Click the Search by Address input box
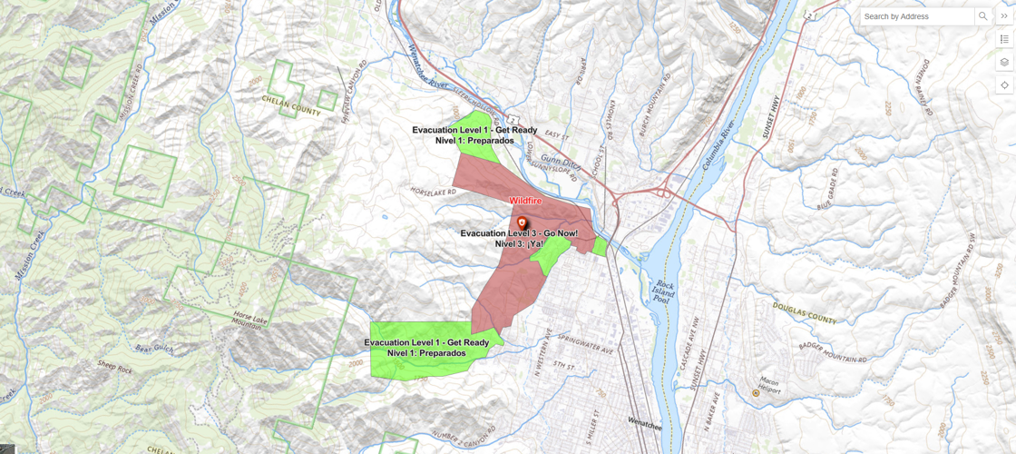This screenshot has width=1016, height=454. point(917,16)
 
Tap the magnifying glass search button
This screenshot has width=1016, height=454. point(983,16)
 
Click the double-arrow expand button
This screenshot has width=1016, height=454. point(1005,16)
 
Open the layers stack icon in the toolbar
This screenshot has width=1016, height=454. point(1005,62)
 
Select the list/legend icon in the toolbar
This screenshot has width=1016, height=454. point(1005,39)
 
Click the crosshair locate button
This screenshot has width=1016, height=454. point(1005,84)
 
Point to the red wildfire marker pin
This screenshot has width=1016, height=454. point(522,222)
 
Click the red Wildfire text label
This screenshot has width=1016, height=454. point(526,200)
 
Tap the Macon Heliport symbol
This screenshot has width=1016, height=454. point(756,393)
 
